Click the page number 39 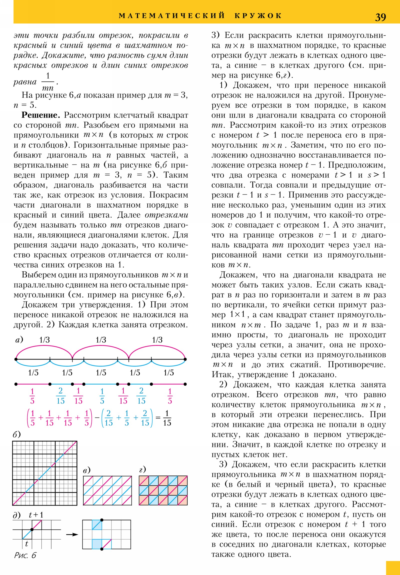pos(380,17)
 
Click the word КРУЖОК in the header pos(258,16)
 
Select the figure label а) pos(19,339)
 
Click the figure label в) pos(87,470)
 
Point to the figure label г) pos(142,469)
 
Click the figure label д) pos(16,515)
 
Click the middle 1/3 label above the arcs pos(101,340)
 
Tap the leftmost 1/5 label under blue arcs pos(33,373)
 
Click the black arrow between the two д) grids pos(72,534)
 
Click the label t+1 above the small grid pos(36,515)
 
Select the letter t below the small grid pos(26,544)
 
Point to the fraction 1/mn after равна pos(47,82)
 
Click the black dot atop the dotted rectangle pos(102,520)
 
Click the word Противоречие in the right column pos(357,364)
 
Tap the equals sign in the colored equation pos(158,417)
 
